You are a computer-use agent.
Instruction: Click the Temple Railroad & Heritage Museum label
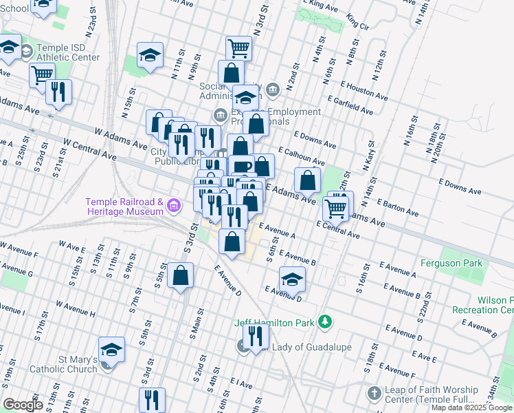coord(124,206)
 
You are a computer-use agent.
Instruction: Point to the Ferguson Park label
coord(451,263)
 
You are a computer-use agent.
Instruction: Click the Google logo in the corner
coord(22,405)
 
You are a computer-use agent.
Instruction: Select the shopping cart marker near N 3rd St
coord(238,48)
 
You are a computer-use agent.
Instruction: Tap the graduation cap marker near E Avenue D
coord(292,279)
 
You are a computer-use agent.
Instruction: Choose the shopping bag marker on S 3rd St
coord(181,276)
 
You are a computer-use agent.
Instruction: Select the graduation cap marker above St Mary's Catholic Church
coord(112,349)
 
